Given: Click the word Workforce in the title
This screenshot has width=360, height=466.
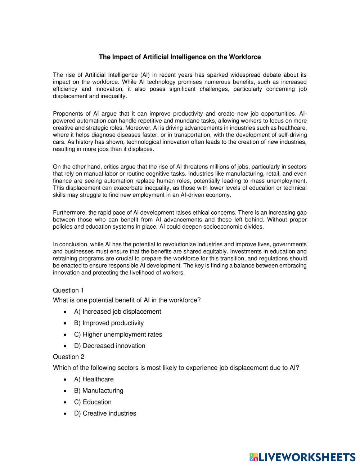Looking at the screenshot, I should tap(245, 57).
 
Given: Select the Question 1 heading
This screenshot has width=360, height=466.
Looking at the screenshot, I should tap(68, 290).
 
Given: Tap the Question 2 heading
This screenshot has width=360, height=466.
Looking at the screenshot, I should tap(68, 357).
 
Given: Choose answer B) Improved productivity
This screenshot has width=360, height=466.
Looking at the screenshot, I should tap(109, 323).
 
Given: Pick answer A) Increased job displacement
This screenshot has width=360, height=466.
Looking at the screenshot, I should tap(117, 312).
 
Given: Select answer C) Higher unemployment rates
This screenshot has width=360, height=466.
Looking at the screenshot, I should tap(118, 334).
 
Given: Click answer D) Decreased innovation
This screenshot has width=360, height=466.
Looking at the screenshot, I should tap(110, 346).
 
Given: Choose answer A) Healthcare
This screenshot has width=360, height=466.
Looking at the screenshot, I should tap(94, 379).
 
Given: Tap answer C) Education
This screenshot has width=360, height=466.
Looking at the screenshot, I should tap(93, 402).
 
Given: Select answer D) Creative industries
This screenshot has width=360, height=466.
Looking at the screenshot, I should tap(105, 413).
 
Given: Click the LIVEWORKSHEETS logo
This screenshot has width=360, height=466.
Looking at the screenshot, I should tap(302, 457).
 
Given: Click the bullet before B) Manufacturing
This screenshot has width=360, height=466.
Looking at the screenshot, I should tap(65, 391).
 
